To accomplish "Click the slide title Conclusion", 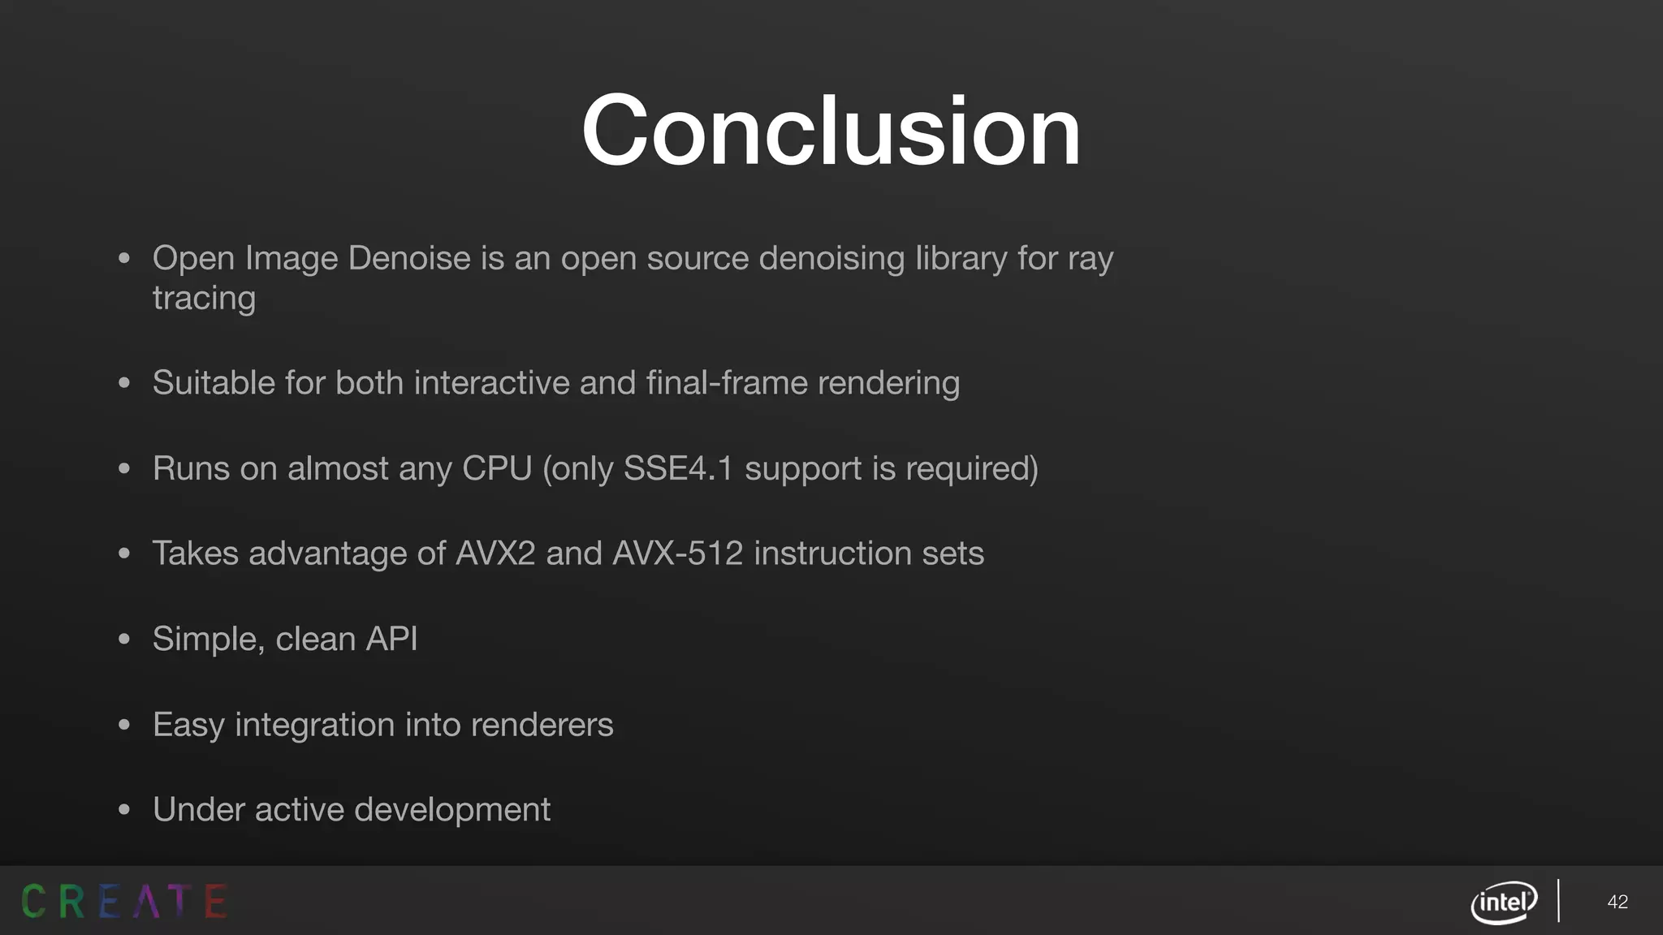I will click(x=831, y=131).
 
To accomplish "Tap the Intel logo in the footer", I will click(x=1504, y=902).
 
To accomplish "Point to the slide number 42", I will click(x=1618, y=902).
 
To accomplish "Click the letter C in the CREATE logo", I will click(x=33, y=902).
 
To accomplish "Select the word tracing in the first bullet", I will click(x=204, y=298).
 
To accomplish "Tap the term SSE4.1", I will click(x=678, y=468).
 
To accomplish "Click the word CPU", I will click(x=496, y=468).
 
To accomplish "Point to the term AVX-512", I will click(x=677, y=554).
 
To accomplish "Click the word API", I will click(x=391, y=639).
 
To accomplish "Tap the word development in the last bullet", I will click(x=452, y=809).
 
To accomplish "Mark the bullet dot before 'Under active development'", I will click(x=124, y=810).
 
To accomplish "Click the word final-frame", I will click(x=727, y=382).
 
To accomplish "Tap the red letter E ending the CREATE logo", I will click(x=215, y=902).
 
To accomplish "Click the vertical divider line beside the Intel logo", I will click(x=1558, y=901).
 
